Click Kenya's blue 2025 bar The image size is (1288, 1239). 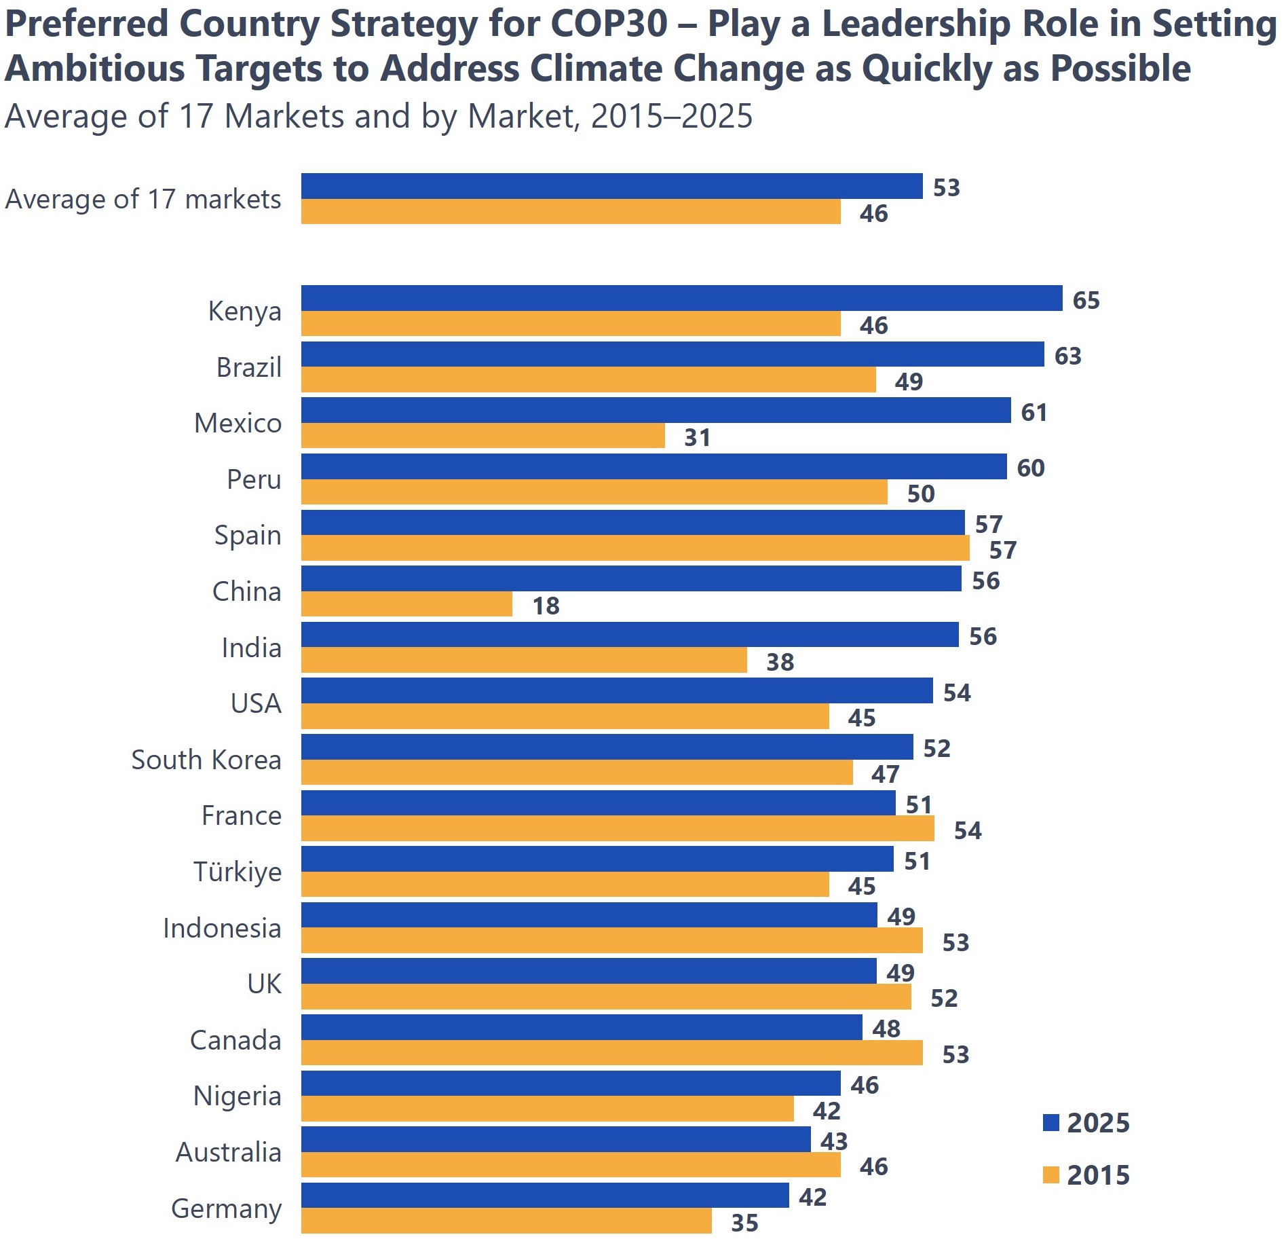(x=681, y=298)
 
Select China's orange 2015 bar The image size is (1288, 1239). (x=406, y=604)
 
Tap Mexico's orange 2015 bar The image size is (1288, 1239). (x=482, y=436)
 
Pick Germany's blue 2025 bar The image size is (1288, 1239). (x=545, y=1196)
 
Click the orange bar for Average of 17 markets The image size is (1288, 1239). (x=571, y=212)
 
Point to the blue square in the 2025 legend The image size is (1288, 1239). (x=1050, y=1123)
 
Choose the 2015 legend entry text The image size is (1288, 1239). (x=1098, y=1175)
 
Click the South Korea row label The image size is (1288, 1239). (x=206, y=760)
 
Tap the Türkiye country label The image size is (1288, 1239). (x=238, y=872)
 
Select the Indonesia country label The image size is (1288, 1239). (x=222, y=928)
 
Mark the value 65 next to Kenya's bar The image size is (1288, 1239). (x=1086, y=300)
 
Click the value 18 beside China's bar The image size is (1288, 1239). (x=546, y=606)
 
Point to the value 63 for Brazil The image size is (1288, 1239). (x=1067, y=356)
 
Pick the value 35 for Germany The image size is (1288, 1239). (x=744, y=1223)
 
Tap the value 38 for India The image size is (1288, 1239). (x=780, y=662)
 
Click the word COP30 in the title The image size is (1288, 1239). (x=609, y=24)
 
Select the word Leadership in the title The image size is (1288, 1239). (x=917, y=24)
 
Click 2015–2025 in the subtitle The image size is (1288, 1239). (x=672, y=116)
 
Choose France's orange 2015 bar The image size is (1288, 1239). (x=618, y=829)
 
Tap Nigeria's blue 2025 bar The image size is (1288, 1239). (x=571, y=1084)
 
